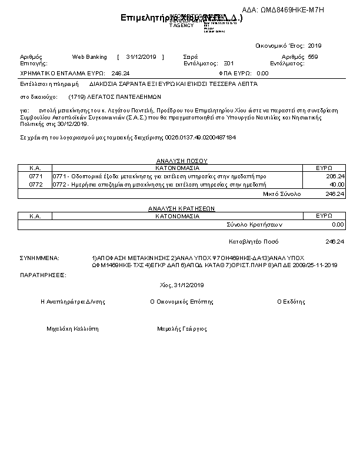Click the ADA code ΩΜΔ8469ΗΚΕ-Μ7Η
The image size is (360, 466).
pyautogui.click(x=291, y=10)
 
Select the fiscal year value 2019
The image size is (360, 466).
pyautogui.click(x=315, y=45)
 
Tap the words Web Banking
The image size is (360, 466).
pyautogui.click(x=89, y=57)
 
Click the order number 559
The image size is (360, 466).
pyautogui.click(x=312, y=57)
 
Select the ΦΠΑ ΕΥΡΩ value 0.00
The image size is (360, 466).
pyautogui.click(x=262, y=74)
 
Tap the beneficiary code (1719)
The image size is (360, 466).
pyautogui.click(x=76, y=96)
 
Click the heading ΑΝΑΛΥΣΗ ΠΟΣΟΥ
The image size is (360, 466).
pyautogui.click(x=181, y=161)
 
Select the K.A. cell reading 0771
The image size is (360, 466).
pyautogui.click(x=35, y=176)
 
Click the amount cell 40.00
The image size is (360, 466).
pyautogui.click(x=336, y=184)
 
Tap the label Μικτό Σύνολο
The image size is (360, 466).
pyautogui.click(x=282, y=193)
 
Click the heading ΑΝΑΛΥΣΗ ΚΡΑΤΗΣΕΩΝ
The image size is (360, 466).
pyautogui.click(x=181, y=208)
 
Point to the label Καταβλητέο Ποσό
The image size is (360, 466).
pyautogui.click(x=254, y=242)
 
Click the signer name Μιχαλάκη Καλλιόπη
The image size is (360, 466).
pyautogui.click(x=72, y=329)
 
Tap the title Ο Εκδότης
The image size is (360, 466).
pyautogui.click(x=291, y=302)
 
